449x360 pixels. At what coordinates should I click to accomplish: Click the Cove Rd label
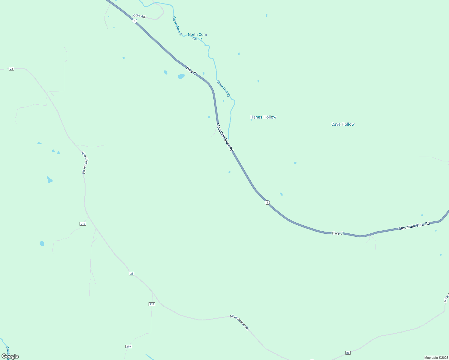click(x=139, y=16)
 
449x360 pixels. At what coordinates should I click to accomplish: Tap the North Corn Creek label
click(x=197, y=37)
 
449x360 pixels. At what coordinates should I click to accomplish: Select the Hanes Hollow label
click(x=263, y=117)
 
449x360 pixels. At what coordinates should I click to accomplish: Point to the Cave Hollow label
click(x=343, y=124)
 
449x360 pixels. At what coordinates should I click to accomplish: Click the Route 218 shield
click(x=83, y=224)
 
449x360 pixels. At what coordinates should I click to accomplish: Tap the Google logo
click(x=10, y=356)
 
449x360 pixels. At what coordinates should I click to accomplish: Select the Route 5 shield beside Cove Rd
click(x=135, y=21)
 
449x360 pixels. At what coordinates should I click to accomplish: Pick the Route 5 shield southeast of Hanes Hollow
click(x=267, y=202)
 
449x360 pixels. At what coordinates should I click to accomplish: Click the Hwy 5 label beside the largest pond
click(x=191, y=71)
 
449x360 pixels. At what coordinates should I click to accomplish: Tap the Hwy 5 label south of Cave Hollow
click(x=337, y=233)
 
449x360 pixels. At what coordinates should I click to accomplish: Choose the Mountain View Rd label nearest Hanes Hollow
click(x=224, y=137)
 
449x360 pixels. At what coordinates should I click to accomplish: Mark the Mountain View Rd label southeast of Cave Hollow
click(x=414, y=226)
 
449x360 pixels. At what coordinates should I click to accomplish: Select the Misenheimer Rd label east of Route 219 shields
click(x=240, y=322)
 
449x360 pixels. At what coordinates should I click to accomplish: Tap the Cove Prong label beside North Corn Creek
click(x=177, y=26)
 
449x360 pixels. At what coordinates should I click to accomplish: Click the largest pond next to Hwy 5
click(x=181, y=76)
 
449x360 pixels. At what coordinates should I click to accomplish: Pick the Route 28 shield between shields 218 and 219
click(x=131, y=274)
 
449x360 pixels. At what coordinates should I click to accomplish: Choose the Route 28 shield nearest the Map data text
click(x=348, y=353)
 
